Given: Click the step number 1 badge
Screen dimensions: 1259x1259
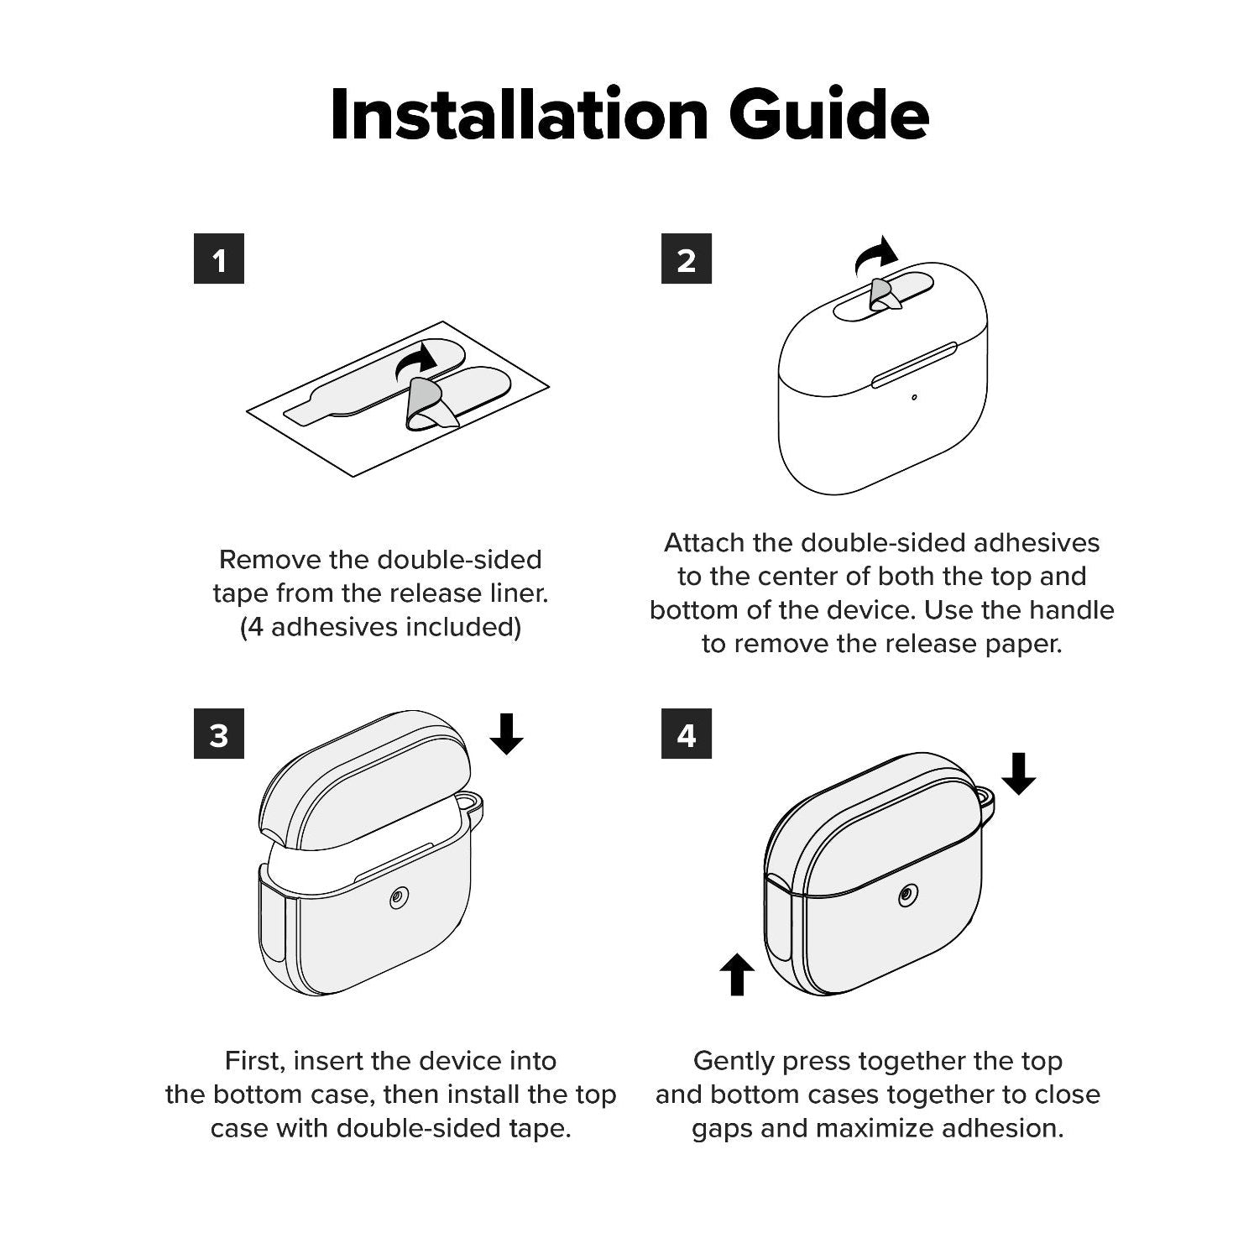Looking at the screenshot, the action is pyautogui.click(x=219, y=259).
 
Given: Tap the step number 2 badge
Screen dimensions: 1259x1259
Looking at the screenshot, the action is pyautogui.click(x=687, y=259).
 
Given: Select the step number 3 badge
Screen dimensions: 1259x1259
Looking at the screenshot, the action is pyautogui.click(x=219, y=734).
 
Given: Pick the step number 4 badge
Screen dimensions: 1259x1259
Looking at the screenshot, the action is pyautogui.click(x=687, y=734).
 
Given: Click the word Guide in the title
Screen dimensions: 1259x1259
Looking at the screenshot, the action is pyautogui.click(x=829, y=114).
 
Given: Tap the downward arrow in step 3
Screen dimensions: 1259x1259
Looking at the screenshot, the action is pyautogui.click(x=506, y=734).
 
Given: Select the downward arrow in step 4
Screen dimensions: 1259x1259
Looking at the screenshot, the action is pyautogui.click(x=1019, y=773).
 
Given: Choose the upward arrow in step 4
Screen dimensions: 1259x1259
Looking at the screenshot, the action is pyautogui.click(x=737, y=974).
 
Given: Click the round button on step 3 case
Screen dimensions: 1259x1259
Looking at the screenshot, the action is pyautogui.click(x=397, y=900).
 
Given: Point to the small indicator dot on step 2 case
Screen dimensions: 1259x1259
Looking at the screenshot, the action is pyautogui.click(x=914, y=397).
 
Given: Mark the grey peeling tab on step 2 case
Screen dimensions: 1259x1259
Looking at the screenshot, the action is pyautogui.click(x=881, y=292).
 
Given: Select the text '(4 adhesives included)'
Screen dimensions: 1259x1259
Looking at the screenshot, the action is pyautogui.click(x=381, y=627).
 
